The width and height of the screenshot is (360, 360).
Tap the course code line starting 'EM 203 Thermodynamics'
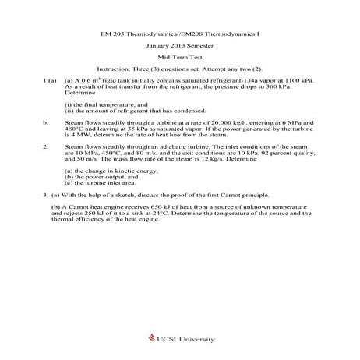pyautogui.click(x=179, y=34)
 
